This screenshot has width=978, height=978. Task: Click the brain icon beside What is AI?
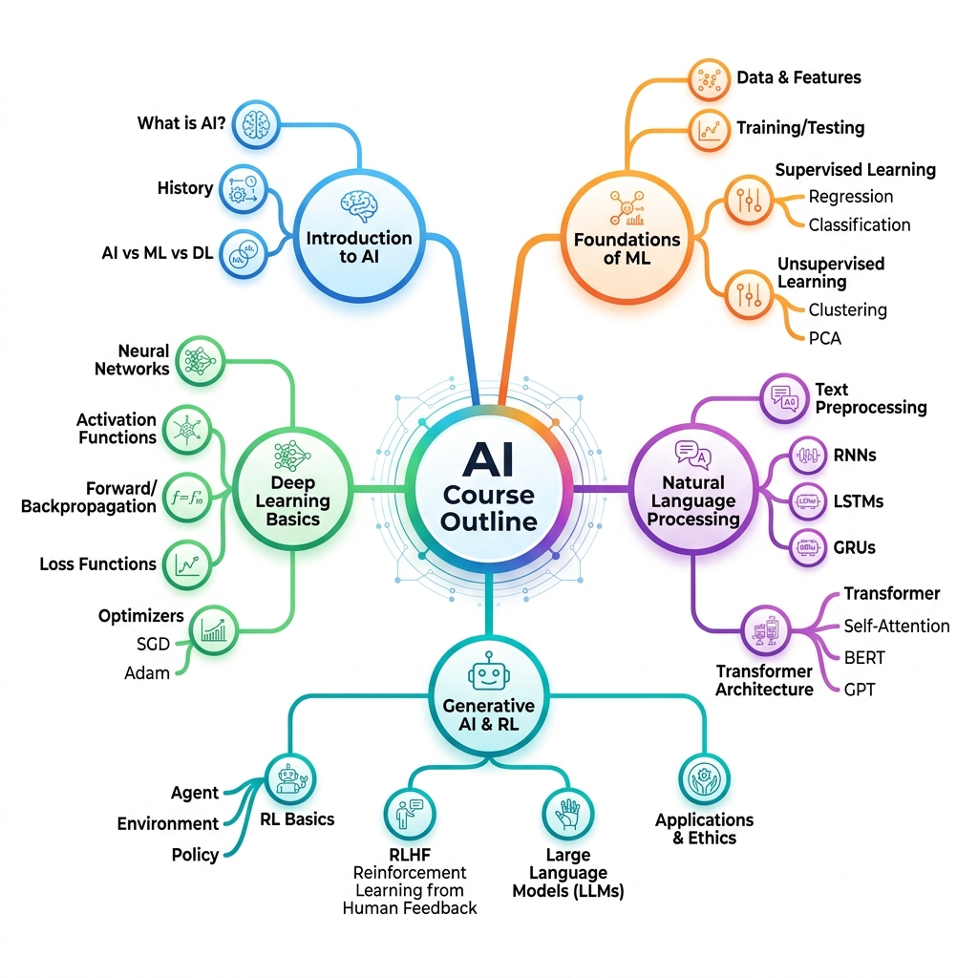pos(256,124)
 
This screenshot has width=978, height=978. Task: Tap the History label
pos(185,188)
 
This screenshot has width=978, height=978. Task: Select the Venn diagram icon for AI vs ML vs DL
pos(244,254)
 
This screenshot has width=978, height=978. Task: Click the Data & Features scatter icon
pos(710,79)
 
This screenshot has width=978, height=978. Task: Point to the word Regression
pos(851,197)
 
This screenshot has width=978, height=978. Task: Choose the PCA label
pos(824,338)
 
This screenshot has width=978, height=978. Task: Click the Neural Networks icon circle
pos(200,361)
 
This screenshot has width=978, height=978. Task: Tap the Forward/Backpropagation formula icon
pos(187,497)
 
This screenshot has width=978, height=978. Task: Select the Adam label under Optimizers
pos(147,673)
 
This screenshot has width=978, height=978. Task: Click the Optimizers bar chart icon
pos(213,630)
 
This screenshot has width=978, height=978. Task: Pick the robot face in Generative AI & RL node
pos(489,672)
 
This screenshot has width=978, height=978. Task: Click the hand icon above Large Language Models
pos(567,814)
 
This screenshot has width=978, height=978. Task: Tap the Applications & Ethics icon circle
pos(704,779)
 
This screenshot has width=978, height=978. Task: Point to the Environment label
pos(168,823)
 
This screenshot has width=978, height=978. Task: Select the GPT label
pos(860,690)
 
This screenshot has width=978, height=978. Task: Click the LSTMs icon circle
pos(808,500)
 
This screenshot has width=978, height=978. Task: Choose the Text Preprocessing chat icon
pos(784,398)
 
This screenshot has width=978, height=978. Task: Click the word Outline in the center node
pos(489,521)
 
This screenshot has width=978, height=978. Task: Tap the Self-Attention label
pos(896,626)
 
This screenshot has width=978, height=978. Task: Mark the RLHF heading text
pos(410,854)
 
